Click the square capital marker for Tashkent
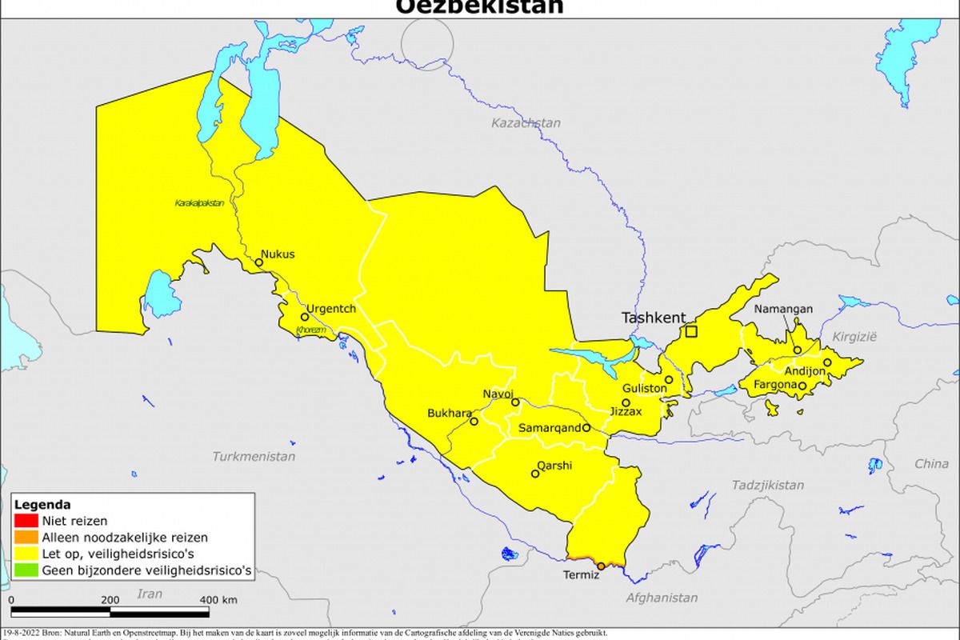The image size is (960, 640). (x=691, y=331)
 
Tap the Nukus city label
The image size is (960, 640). (x=278, y=254)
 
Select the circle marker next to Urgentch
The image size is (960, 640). (x=304, y=317)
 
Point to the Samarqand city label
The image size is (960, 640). (x=550, y=428)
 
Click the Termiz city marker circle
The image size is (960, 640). (x=601, y=566)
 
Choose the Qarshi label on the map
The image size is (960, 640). (x=554, y=466)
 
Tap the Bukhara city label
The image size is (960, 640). (x=450, y=413)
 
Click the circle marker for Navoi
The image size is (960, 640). (x=515, y=402)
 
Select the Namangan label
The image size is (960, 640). (x=784, y=309)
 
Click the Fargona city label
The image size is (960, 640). (x=774, y=385)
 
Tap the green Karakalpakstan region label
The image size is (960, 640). (x=199, y=203)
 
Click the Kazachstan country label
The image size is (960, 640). (x=526, y=123)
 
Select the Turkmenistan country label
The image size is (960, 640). (x=254, y=457)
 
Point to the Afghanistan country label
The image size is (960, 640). (x=662, y=598)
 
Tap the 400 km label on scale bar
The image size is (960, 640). (x=218, y=600)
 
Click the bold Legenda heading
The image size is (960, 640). (x=43, y=505)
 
